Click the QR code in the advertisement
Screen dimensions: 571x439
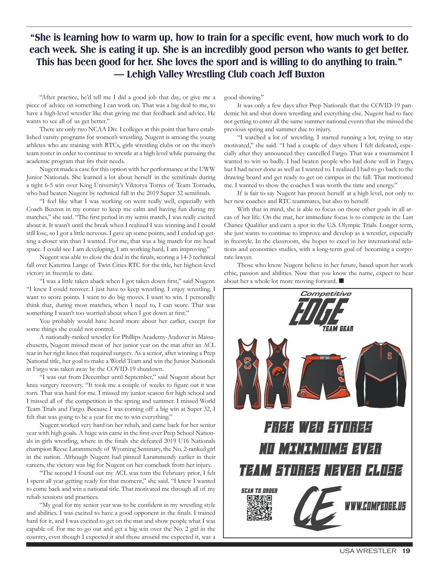coord(259,507)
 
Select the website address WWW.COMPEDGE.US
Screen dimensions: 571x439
coord(375,506)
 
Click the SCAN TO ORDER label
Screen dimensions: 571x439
coord(259,491)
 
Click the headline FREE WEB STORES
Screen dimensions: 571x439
coord(318,427)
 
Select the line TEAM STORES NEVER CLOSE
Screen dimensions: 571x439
coord(321,470)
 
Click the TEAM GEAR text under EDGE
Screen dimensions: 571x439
coord(338,328)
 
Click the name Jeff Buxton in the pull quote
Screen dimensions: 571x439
coord(301,74)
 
